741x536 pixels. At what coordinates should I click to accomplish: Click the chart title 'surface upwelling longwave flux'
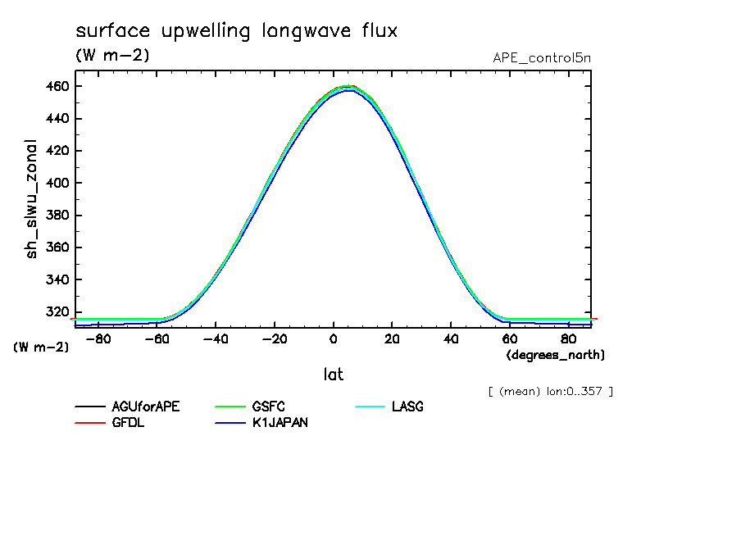236,31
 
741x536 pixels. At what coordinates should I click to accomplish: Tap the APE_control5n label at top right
541,57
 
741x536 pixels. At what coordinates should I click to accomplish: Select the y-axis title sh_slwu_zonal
33,198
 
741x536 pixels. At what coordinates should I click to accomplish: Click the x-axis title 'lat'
333,375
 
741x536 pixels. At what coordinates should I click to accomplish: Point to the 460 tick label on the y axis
56,86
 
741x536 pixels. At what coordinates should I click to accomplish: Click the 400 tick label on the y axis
56,183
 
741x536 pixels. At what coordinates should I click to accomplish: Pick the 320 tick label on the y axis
56,311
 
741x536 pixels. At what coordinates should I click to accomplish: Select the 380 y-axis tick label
56,216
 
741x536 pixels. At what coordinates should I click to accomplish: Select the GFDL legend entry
128,423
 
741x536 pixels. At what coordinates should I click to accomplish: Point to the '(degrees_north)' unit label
556,355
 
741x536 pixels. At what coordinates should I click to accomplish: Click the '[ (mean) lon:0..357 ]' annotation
549,390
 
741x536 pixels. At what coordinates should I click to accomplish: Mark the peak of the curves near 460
348,86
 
